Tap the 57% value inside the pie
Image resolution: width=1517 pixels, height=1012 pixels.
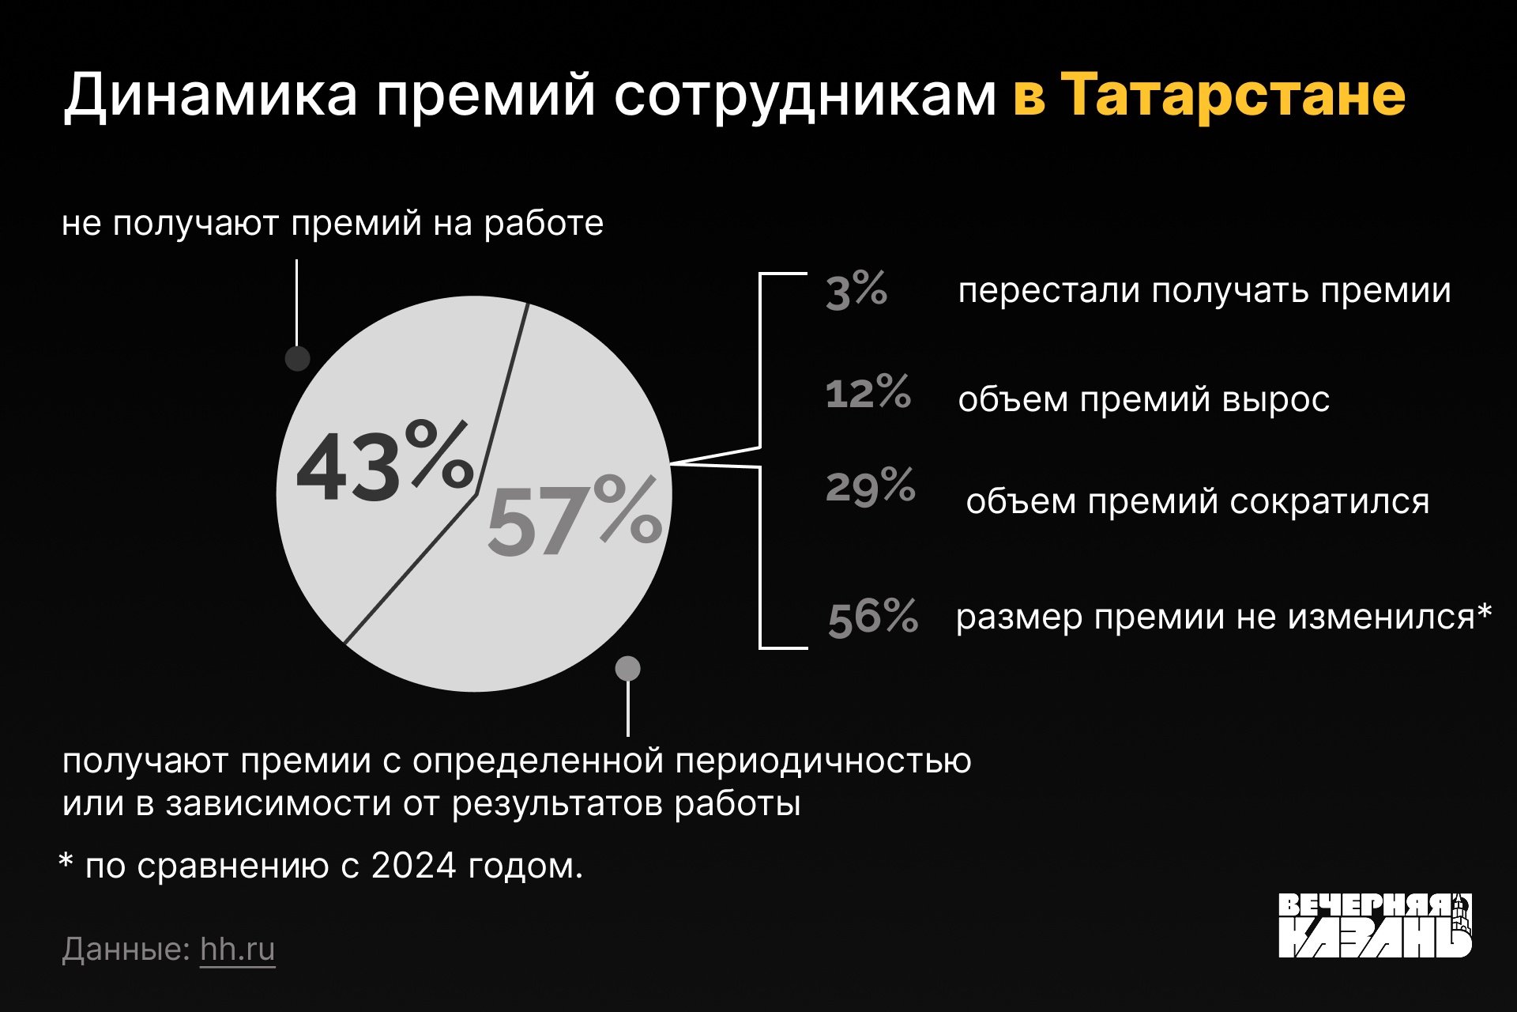click(574, 515)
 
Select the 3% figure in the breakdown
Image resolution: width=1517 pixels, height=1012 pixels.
click(856, 290)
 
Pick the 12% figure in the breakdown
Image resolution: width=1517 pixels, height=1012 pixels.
click(868, 392)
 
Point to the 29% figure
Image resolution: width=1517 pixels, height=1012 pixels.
click(871, 486)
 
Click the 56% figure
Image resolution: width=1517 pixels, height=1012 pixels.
click(873, 617)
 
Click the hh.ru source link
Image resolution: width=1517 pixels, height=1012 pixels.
click(238, 949)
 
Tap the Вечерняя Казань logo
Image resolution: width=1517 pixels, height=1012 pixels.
click(1376, 925)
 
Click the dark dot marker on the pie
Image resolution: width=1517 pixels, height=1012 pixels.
click(297, 358)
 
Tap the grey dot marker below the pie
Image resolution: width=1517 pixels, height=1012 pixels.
click(628, 668)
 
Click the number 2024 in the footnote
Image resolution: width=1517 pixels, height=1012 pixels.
click(414, 866)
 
